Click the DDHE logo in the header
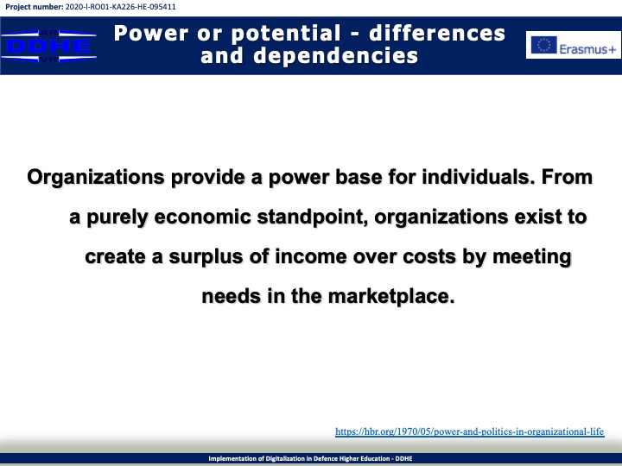click(x=48, y=46)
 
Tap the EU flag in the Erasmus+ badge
click(x=544, y=45)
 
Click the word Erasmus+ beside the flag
click(x=587, y=48)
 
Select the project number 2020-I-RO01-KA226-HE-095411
click(x=121, y=7)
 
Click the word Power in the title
click(x=150, y=33)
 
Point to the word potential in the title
click(x=286, y=34)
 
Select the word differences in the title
click(x=437, y=33)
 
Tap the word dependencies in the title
click(x=335, y=56)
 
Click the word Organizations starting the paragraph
click(x=96, y=177)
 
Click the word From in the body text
click(x=567, y=177)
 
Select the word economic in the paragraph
click(x=202, y=217)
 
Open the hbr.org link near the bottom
click(x=470, y=431)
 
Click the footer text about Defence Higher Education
click(x=311, y=458)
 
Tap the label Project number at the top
click(x=34, y=7)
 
